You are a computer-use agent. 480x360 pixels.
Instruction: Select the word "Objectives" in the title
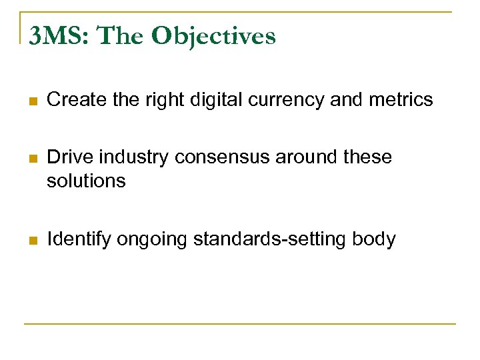coord(213,36)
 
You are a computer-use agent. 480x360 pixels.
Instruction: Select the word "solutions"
coord(86,180)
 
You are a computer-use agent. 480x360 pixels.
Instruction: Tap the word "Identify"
coord(79,239)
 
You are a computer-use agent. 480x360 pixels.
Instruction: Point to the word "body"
coord(375,239)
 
